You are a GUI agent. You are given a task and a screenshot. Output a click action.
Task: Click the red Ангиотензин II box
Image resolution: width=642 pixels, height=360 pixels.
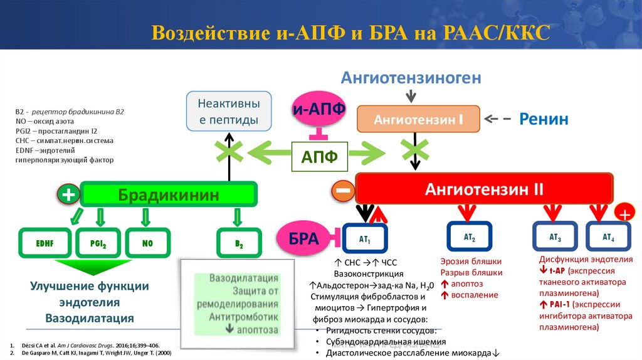[484, 189]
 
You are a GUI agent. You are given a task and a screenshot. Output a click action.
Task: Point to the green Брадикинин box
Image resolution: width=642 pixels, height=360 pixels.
[169, 195]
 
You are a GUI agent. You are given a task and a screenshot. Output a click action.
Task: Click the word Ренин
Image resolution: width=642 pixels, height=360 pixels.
[544, 119]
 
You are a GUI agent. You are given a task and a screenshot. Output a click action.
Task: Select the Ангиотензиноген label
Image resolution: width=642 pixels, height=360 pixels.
[411, 78]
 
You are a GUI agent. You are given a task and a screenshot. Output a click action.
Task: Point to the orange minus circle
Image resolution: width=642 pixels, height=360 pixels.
[343, 190]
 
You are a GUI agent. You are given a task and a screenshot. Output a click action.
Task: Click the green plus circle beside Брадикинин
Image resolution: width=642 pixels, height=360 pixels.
[68, 195]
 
